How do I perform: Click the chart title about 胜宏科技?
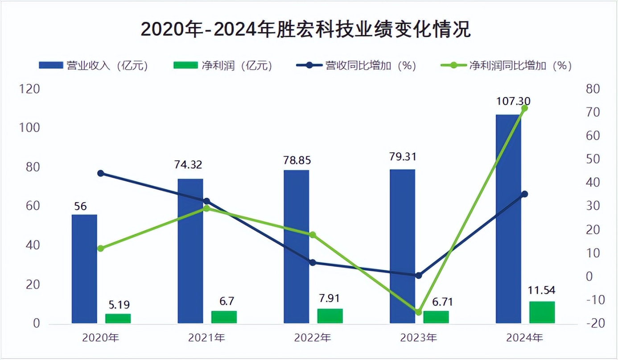(x=306, y=30)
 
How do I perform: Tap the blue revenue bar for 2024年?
(x=508, y=218)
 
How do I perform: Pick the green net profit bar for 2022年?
(x=330, y=316)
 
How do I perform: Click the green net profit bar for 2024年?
(x=542, y=312)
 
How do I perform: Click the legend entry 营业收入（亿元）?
(x=94, y=65)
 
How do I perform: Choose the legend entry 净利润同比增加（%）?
(x=506, y=65)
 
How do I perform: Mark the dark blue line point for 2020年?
(x=101, y=173)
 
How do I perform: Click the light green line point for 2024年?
(x=524, y=108)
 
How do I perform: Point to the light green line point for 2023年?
(x=418, y=312)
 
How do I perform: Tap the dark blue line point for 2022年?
(x=313, y=263)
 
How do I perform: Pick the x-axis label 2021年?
(x=206, y=338)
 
